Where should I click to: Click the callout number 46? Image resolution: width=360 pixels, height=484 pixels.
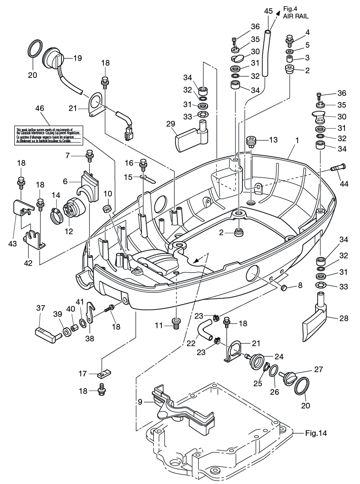coord(40,108)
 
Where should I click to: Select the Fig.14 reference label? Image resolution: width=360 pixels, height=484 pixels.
coord(316,432)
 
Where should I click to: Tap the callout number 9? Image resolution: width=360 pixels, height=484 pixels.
coord(140,402)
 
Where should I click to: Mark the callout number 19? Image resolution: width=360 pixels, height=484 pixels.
coord(77,59)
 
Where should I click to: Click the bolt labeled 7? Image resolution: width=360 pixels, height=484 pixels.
coord(89,154)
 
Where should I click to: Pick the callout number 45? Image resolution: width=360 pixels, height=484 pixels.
coord(268,10)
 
